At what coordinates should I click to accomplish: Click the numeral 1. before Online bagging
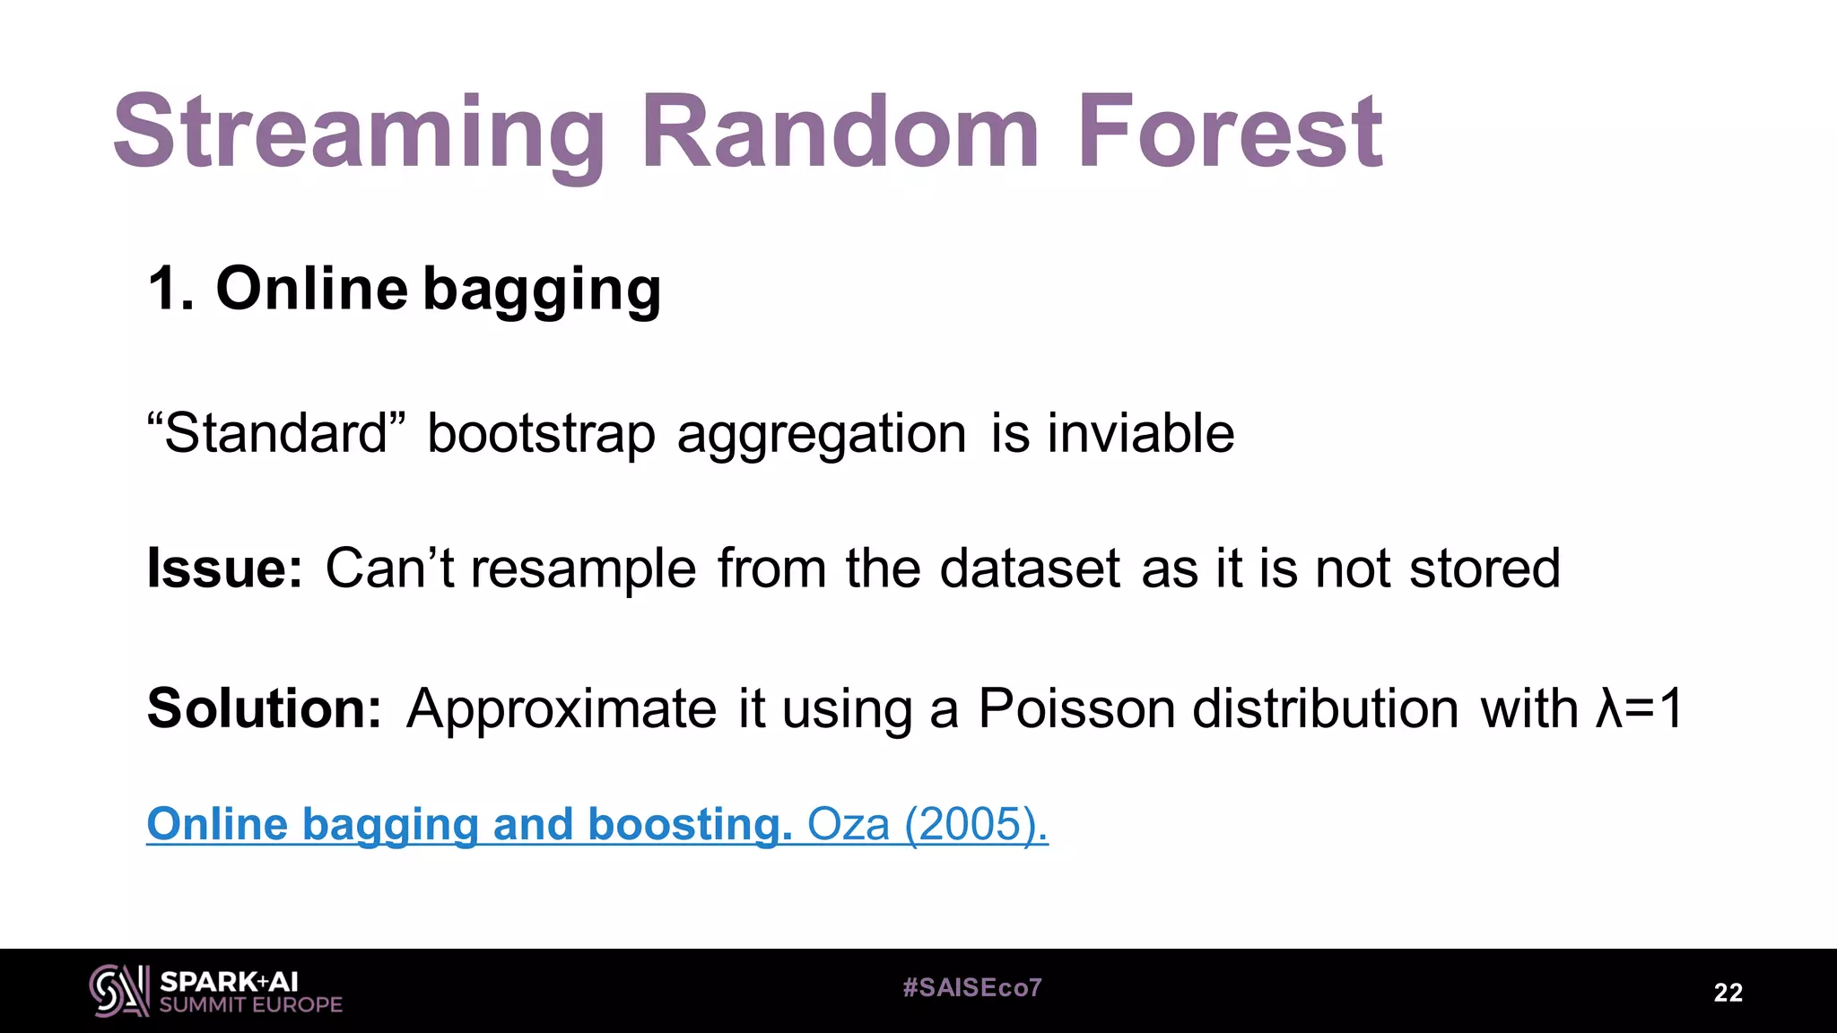170,289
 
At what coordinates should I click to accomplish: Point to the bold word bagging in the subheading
542,291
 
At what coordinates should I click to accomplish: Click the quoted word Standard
276,434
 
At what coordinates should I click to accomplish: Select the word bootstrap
541,436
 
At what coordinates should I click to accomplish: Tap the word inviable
1140,433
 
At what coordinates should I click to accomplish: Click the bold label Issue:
225,569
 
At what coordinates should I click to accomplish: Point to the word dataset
1030,569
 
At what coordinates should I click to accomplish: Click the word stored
1484,569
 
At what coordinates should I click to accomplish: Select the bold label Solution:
265,708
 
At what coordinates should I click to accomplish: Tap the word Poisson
1075,708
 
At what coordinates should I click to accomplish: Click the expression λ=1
1640,708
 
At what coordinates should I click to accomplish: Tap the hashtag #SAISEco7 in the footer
972,988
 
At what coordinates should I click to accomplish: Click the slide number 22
1728,993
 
